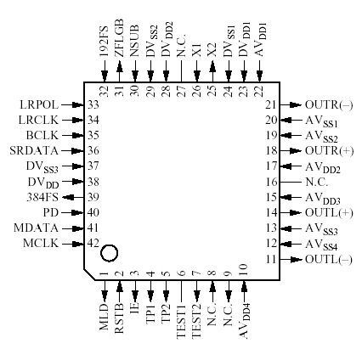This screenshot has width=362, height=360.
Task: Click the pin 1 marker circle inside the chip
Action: click(x=109, y=253)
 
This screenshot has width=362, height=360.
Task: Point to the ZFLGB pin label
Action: click(x=119, y=37)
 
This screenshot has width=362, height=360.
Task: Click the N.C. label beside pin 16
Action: click(x=316, y=181)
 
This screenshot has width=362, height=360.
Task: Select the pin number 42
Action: click(x=93, y=243)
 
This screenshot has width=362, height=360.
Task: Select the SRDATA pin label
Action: click(x=34, y=150)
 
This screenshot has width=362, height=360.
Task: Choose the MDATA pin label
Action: click(x=37, y=228)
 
